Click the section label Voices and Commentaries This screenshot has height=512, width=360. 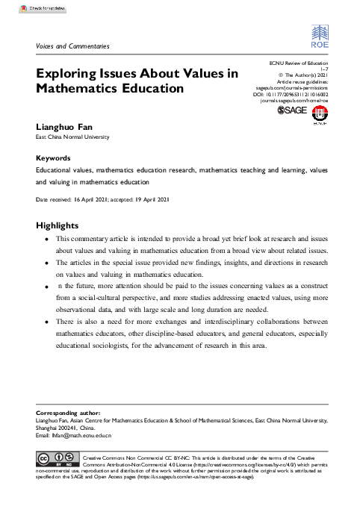pos(72,46)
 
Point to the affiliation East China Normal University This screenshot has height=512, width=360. pos(72,138)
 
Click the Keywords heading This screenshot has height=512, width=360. pos(53,158)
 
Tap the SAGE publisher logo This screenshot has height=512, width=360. pos(292,110)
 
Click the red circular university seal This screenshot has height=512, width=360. pos(319,112)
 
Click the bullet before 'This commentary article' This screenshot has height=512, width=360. pos(47,240)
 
